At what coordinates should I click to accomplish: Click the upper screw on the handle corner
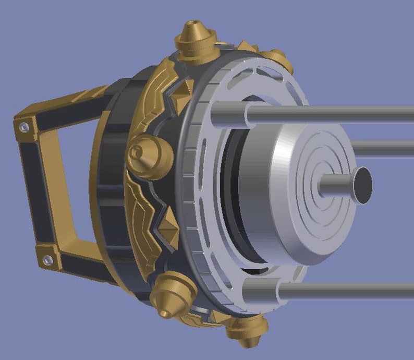coord(23,126)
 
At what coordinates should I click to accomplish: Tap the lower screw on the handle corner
coord(47,259)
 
